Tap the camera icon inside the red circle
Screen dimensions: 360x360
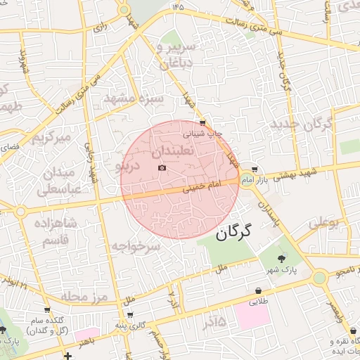[162, 167]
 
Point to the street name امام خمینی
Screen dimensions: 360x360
[201, 186]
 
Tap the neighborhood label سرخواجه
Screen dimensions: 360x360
[136, 247]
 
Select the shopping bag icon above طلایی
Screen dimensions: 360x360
[259, 290]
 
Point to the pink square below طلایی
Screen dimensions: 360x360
[252, 316]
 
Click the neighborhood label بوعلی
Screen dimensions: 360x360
[324, 224]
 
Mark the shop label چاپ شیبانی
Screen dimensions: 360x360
[203, 132]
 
